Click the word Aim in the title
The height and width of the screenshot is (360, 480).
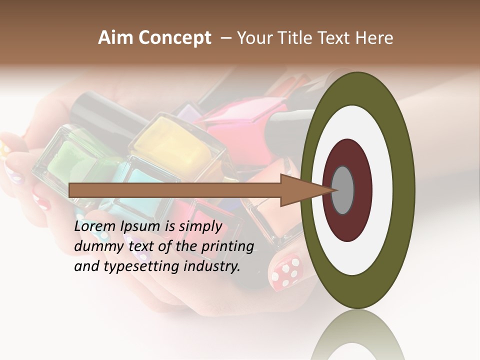pyautogui.click(x=116, y=38)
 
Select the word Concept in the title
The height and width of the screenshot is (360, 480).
pyautogui.click(x=174, y=38)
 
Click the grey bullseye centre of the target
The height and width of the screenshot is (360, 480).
pyautogui.click(x=342, y=190)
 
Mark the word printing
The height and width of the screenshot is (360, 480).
pyautogui.click(x=227, y=247)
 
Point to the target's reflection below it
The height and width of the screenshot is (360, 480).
pyautogui.click(x=357, y=337)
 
